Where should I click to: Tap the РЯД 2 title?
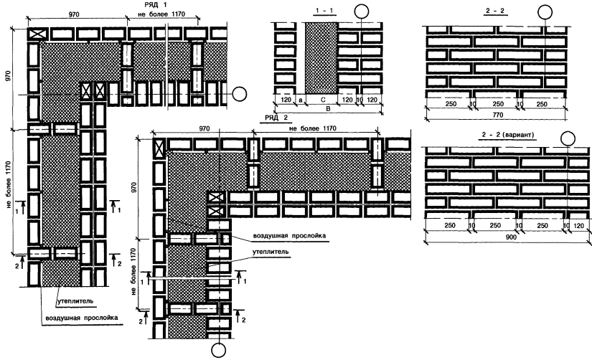coord(276,118)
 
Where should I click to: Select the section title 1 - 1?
coord(324,11)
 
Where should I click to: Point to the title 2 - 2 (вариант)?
coord(507,134)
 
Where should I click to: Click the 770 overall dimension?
coord(497,115)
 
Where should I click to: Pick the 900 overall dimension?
coord(510,237)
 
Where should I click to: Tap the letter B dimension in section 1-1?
coord(328,109)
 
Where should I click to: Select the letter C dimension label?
coord(322,100)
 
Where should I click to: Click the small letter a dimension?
coord(301,100)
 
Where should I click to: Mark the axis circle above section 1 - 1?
coord(362,11)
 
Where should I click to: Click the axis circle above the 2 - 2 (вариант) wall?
coord(568,139)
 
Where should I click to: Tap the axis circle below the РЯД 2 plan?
coord(218,350)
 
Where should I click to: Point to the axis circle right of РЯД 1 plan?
coord(239,94)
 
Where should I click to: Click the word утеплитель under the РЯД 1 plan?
coord(75,301)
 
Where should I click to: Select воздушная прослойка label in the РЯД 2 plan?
coord(289,236)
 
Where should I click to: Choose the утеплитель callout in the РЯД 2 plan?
coord(271,252)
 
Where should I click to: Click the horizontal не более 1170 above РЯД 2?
coord(313,128)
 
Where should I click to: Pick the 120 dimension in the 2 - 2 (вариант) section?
coord(578,226)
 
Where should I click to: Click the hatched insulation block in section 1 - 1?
coord(321,58)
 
